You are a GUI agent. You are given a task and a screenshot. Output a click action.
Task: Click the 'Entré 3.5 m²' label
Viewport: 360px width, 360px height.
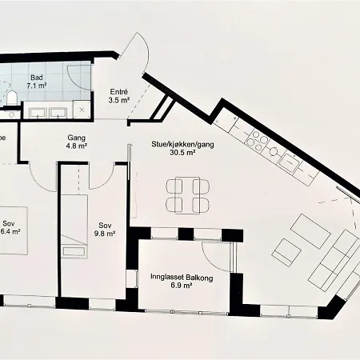click(118, 97)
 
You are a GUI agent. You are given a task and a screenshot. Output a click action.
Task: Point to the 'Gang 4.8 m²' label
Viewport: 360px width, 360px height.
click(77, 142)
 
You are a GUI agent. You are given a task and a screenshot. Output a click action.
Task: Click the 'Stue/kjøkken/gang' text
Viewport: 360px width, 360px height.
click(174, 145)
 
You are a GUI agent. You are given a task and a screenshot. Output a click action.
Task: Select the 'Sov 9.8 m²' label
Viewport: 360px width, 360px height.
click(106, 229)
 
